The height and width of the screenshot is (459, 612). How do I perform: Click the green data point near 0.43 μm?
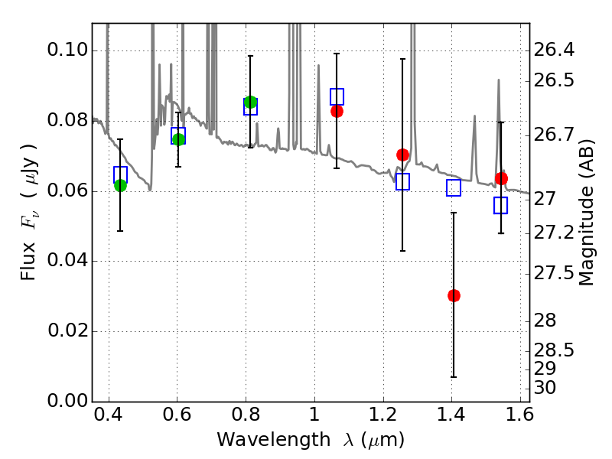(x=120, y=185)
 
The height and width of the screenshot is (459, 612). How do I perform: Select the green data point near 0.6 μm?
(x=178, y=139)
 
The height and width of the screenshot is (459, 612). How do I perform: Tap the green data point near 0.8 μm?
(x=250, y=102)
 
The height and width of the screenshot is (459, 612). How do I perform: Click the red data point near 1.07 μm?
(x=337, y=111)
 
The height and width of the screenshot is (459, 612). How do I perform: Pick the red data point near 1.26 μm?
(x=402, y=155)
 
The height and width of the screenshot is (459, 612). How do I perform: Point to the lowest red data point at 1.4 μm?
(x=454, y=295)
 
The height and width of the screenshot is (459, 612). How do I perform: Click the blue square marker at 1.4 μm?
(x=454, y=188)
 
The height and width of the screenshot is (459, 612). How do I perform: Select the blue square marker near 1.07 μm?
(x=337, y=96)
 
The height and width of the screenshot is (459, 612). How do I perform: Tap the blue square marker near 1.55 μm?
(x=501, y=205)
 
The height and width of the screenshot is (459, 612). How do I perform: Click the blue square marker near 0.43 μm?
(x=120, y=174)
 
